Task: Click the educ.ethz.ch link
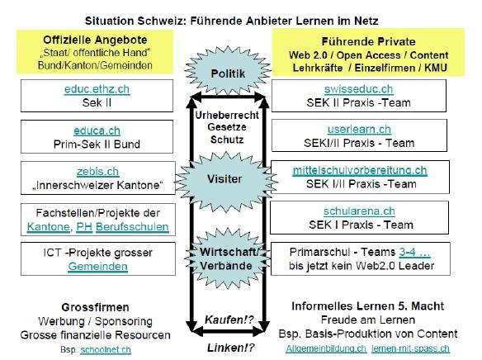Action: pyautogui.click(x=97, y=89)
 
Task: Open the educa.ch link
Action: pyautogui.click(x=97, y=131)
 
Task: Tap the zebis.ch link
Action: pyautogui.click(x=97, y=172)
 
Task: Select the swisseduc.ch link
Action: pyautogui.click(x=359, y=89)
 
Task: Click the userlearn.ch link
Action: pyautogui.click(x=359, y=130)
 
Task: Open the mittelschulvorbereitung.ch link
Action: pyautogui.click(x=360, y=170)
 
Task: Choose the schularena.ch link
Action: pyautogui.click(x=359, y=211)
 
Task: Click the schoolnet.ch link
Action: pyautogui.click(x=106, y=350)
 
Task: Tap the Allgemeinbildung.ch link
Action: pyautogui.click(x=326, y=348)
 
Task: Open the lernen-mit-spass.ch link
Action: pyautogui.click(x=410, y=348)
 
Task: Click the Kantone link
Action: pyautogui.click(x=48, y=227)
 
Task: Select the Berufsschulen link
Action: pyautogui.click(x=132, y=227)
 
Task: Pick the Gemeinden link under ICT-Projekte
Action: pyautogui.click(x=97, y=267)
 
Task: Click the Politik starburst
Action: pyautogui.click(x=228, y=71)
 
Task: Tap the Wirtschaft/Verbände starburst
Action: pyautogui.click(x=228, y=258)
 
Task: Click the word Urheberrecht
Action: pyautogui.click(x=227, y=116)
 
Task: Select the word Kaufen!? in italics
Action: pyautogui.click(x=229, y=320)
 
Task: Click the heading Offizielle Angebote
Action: pyautogui.click(x=95, y=40)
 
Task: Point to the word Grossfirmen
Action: pyautogui.click(x=95, y=307)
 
